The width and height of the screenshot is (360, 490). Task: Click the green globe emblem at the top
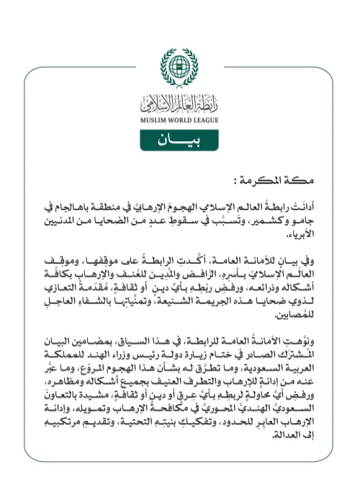180,66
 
